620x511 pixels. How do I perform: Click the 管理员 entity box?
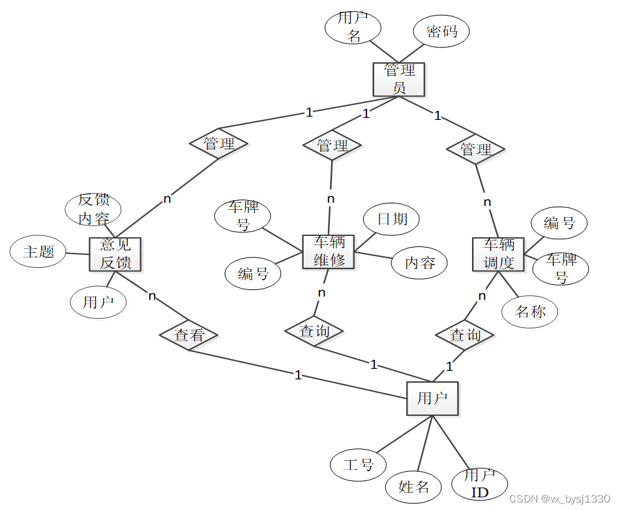click(398, 79)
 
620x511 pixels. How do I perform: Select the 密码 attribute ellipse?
click(441, 31)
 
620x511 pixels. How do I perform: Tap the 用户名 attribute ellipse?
click(353, 27)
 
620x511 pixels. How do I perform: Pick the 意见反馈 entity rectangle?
click(115, 254)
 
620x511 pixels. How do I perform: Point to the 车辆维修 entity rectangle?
click(329, 251)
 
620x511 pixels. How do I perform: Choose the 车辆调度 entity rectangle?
click(498, 254)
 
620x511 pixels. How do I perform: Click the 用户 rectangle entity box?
click(432, 398)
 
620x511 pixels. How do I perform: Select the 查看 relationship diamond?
click(189, 335)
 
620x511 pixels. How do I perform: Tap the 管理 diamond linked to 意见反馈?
click(218, 143)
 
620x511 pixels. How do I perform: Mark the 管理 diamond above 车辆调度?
click(476, 149)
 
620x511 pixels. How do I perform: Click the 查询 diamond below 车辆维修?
click(314, 331)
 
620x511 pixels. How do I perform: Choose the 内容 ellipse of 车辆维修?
click(419, 263)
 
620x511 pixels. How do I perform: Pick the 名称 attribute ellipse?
click(530, 312)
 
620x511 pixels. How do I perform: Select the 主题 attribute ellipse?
click(38, 252)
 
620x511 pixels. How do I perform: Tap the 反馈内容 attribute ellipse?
click(93, 209)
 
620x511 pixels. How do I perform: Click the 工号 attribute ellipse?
click(358, 465)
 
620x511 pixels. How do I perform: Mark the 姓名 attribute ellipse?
click(414, 486)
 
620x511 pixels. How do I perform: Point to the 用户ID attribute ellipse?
click(480, 483)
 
